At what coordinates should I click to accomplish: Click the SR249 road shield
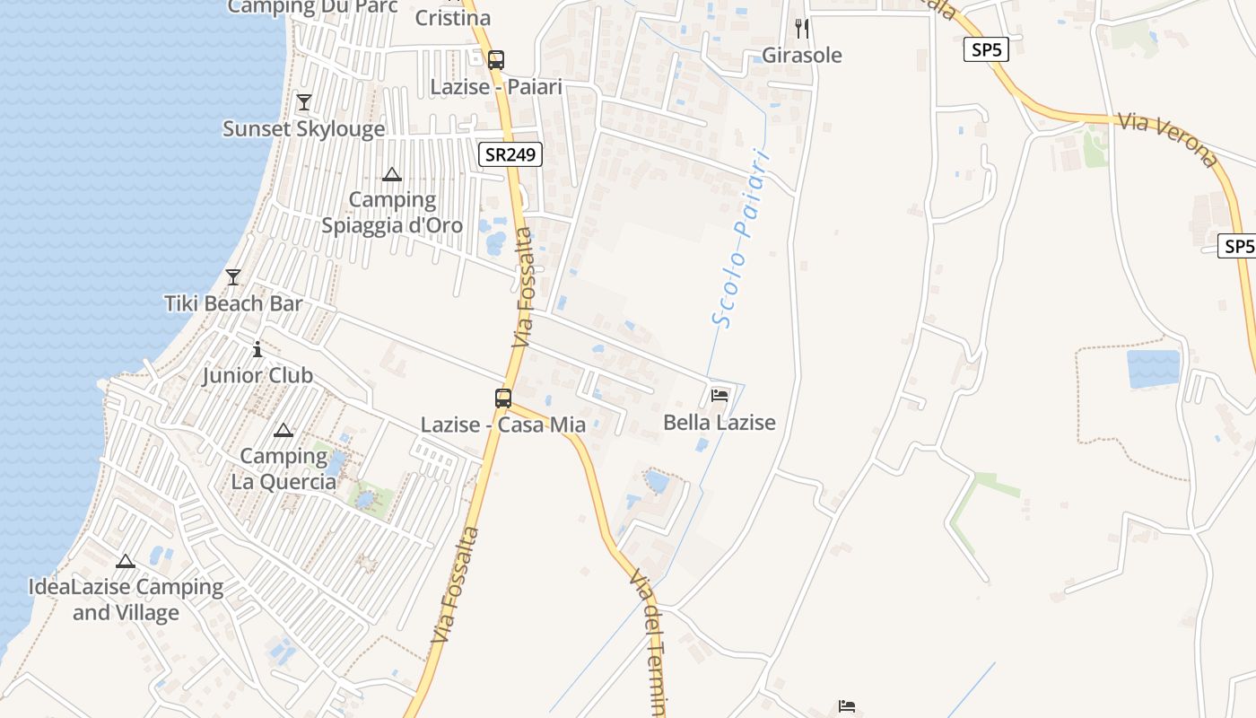tap(510, 154)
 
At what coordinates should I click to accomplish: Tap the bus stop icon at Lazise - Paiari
tap(495, 60)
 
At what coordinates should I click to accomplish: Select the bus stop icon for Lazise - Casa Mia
tap(503, 398)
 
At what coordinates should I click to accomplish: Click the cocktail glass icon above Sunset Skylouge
tap(304, 102)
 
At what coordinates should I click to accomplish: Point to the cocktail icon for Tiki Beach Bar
tap(233, 277)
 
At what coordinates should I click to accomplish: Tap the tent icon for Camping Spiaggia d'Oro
tap(392, 174)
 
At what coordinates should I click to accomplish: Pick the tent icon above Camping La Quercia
tap(283, 431)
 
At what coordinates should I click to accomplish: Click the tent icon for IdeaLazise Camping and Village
tap(126, 562)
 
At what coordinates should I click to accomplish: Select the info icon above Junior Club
tap(257, 348)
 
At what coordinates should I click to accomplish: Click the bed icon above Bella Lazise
tap(720, 395)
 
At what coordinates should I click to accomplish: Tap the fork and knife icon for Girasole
tap(802, 29)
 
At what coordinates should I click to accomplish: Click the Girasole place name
tap(802, 56)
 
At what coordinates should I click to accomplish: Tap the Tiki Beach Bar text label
tap(233, 303)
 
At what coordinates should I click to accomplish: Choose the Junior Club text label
tap(257, 375)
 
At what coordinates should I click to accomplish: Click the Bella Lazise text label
tap(720, 422)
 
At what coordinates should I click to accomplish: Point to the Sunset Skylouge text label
tap(304, 128)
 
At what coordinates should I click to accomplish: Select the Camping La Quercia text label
tap(283, 468)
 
